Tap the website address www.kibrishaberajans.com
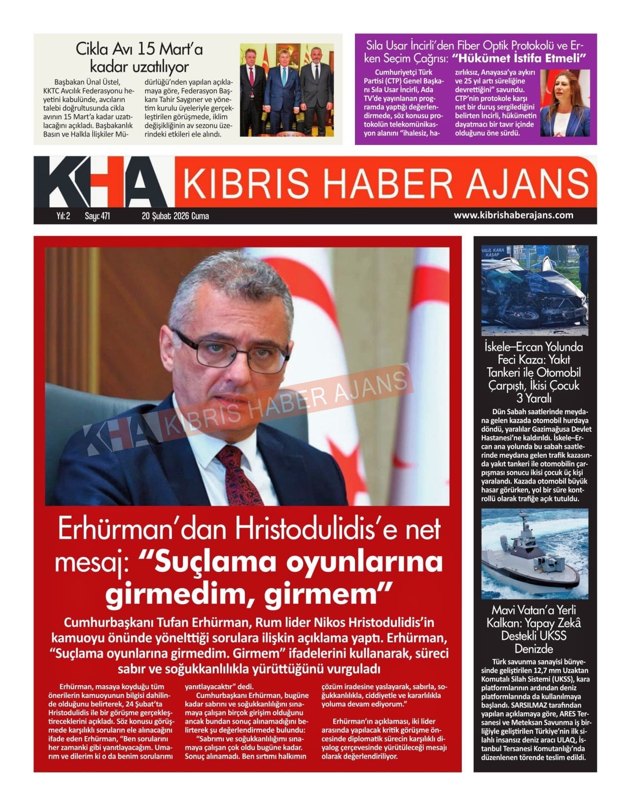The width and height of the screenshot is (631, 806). [513, 215]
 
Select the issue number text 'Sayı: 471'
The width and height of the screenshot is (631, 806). [97, 216]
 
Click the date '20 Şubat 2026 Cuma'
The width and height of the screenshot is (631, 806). [175, 216]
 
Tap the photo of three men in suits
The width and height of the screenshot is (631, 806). [286, 90]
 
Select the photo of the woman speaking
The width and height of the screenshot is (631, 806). [564, 103]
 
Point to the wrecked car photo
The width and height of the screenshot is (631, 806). [534, 291]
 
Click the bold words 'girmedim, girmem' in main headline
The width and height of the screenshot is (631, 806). [249, 596]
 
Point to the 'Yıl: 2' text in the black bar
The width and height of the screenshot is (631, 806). [63, 216]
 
